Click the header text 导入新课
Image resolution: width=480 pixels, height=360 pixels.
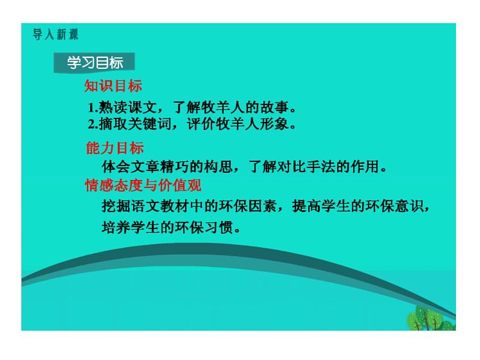point(56,34)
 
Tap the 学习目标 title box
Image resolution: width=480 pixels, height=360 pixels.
point(94,62)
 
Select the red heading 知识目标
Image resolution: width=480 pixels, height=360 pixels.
point(113,86)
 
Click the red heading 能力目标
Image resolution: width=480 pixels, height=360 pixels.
point(115,149)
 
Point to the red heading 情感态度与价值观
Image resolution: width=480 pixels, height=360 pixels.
point(143,186)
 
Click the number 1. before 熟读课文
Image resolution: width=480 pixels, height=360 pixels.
point(92,109)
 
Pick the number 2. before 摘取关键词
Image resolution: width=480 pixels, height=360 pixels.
point(92,125)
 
